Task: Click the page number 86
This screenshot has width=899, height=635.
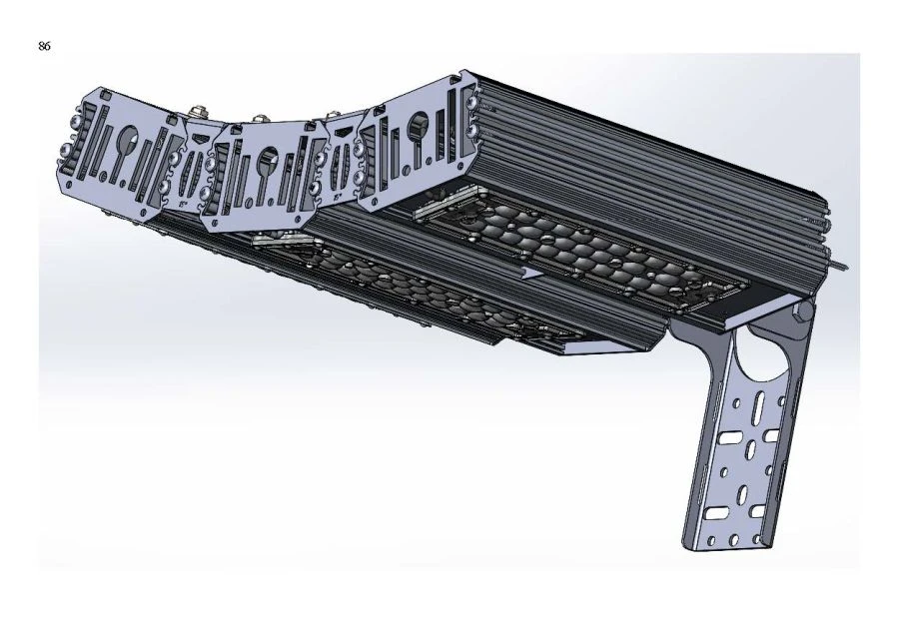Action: pos(45,47)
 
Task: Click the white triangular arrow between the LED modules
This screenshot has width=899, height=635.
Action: pos(530,270)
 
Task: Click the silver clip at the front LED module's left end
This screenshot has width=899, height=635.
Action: pos(279,239)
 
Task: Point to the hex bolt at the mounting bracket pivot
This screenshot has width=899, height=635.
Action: pos(802,312)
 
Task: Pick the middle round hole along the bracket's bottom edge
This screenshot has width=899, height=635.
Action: pos(734,540)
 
